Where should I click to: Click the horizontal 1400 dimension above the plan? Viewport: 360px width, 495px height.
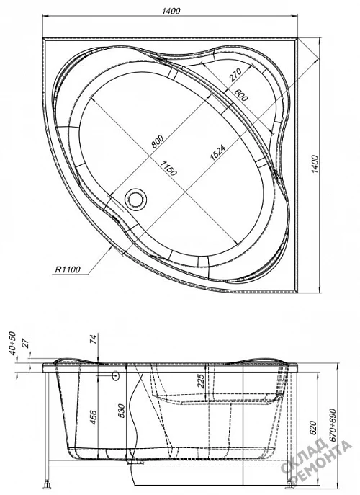point(171,11)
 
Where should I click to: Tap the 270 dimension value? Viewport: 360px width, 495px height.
point(235,75)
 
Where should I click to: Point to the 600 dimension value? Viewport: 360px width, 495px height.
point(241,95)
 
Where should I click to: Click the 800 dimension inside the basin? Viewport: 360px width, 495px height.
point(158,141)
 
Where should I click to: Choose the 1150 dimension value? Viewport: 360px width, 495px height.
point(168,169)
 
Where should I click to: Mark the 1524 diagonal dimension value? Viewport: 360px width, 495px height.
point(217,153)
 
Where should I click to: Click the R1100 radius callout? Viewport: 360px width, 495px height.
point(68,269)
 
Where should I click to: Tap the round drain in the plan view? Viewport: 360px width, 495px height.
point(136,200)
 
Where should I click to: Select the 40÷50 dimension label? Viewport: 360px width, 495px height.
point(12,344)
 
